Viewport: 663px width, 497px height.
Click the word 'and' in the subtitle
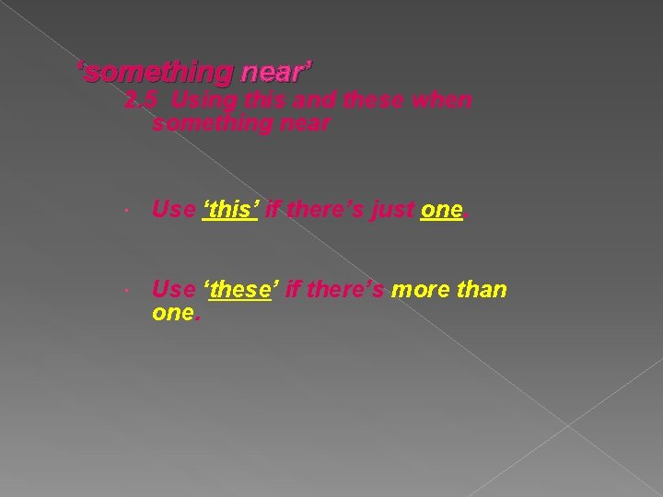pyautogui.click(x=305, y=99)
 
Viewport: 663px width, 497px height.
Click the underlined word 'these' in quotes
pyautogui.click(x=241, y=290)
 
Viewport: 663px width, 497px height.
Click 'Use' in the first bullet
pyautogui.click(x=173, y=210)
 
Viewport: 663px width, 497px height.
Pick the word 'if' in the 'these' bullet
pyautogui.click(x=294, y=290)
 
